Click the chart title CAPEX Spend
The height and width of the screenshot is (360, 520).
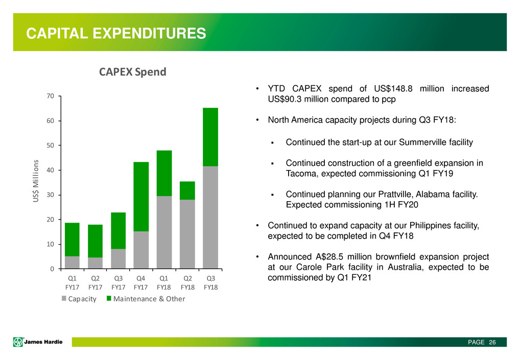[133, 72]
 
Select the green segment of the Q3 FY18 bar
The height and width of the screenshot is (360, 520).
[210, 137]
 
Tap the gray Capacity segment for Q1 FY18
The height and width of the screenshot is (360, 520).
[164, 232]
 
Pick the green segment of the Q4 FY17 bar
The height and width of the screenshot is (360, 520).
[141, 197]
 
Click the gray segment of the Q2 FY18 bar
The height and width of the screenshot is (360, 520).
[187, 234]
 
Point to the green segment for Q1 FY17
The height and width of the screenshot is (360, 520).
[72, 239]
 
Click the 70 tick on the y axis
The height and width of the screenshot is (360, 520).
[51, 96]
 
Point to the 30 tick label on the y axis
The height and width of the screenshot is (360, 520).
[51, 195]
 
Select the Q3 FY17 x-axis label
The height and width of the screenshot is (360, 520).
[119, 282]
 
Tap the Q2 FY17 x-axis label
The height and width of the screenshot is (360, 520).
[95, 282]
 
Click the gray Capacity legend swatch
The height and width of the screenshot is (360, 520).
[64, 298]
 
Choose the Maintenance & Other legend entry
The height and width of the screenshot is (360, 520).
[146, 299]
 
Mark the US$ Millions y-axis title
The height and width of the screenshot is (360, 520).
[36, 181]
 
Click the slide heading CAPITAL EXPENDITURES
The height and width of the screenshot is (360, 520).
[116, 33]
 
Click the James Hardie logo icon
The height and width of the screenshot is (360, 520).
[18, 342]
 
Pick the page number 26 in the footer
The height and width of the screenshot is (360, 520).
[492, 342]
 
